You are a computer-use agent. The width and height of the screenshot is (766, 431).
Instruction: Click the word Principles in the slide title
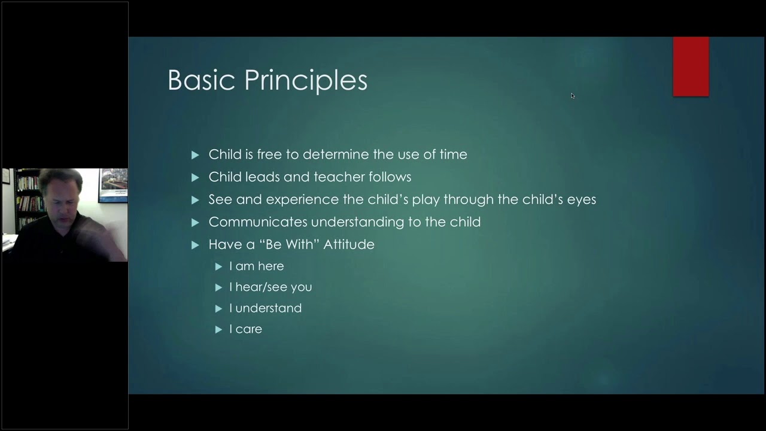(x=306, y=80)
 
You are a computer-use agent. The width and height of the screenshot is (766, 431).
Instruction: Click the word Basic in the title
(x=201, y=80)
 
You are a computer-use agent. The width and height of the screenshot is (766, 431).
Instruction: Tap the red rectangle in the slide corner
(x=691, y=66)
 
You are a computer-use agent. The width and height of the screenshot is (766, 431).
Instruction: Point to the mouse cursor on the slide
(x=573, y=96)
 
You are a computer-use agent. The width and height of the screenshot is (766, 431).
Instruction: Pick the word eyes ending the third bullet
(x=581, y=199)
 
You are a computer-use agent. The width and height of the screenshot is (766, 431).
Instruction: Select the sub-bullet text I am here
(x=256, y=266)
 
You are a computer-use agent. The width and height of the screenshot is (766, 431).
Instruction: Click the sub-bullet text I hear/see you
(x=270, y=287)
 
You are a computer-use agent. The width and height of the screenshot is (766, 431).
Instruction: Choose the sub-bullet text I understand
(x=265, y=308)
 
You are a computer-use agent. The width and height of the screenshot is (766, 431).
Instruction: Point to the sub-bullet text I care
(x=245, y=329)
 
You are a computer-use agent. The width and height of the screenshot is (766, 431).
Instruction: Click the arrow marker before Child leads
(x=195, y=177)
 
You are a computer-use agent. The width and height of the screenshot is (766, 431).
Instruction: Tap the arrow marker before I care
(x=218, y=329)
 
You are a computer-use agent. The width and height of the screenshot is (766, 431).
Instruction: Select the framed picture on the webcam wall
(x=113, y=185)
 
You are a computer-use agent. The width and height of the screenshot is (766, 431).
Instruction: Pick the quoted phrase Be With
(x=291, y=244)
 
